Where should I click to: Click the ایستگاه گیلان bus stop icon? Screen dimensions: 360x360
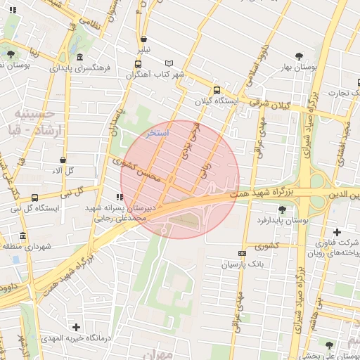point(216,90)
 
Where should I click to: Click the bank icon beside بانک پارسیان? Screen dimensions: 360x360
point(242,253)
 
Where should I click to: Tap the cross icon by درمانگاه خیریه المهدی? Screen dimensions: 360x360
point(77,327)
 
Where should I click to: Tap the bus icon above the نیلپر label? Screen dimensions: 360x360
point(144,40)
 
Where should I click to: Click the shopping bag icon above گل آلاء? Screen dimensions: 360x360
point(63,160)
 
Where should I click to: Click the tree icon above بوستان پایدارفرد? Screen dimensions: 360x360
point(283,209)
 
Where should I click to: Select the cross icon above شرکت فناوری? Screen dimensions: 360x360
point(337,232)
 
